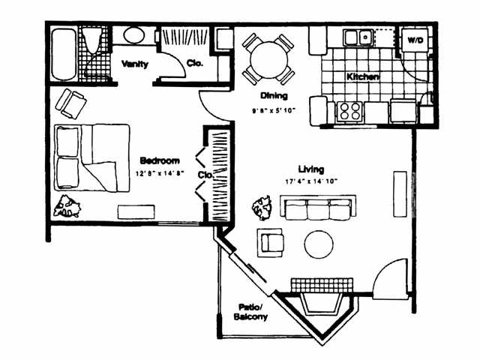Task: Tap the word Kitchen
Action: click(x=362, y=77)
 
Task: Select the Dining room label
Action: click(x=270, y=96)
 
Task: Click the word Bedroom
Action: click(x=160, y=160)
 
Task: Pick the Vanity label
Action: click(x=135, y=64)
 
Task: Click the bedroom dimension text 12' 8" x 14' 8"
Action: click(x=160, y=173)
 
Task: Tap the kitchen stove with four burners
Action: click(x=350, y=111)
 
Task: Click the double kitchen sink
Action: click(x=358, y=36)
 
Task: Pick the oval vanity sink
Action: click(x=135, y=36)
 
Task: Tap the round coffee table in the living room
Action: click(x=319, y=244)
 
